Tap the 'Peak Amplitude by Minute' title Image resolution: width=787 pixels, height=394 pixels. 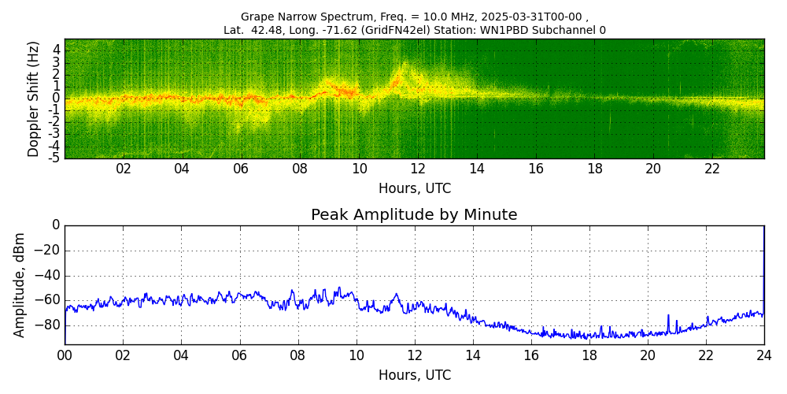click(414, 215)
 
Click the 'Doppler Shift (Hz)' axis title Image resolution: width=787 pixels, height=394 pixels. click(34, 99)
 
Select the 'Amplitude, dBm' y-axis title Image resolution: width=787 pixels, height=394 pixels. click(20, 284)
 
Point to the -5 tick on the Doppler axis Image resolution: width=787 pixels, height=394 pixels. click(55, 158)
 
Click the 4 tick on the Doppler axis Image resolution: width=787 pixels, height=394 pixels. click(57, 50)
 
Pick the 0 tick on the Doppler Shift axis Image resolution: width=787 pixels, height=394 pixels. click(57, 98)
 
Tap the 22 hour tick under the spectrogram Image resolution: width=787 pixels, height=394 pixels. click(712, 169)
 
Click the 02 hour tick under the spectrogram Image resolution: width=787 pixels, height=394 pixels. click(124, 169)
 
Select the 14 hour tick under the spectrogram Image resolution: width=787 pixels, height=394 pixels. click(477, 169)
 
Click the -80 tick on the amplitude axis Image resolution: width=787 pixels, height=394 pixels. click(50, 325)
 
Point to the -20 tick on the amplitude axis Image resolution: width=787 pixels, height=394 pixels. click(50, 251)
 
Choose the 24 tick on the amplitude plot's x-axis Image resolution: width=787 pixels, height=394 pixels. click(763, 355)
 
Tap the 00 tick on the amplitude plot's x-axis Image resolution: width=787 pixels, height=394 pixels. click(65, 355)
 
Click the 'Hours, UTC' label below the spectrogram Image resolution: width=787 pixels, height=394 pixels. click(414, 188)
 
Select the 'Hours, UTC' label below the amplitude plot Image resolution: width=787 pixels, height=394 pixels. click(414, 375)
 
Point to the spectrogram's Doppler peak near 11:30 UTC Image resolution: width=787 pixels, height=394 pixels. click(405, 65)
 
